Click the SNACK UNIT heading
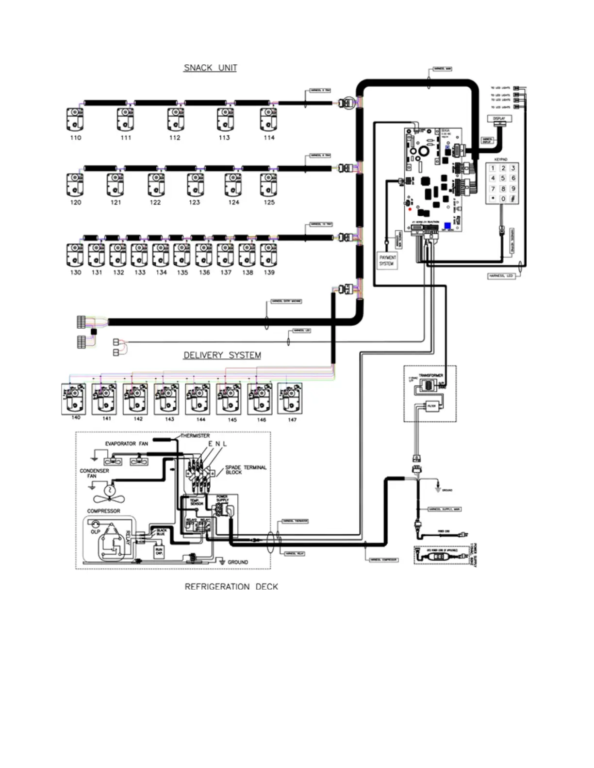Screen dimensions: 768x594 point(210,68)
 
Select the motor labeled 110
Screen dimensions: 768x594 point(75,119)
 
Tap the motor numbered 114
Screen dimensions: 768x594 point(268,119)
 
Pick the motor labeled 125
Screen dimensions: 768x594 point(268,185)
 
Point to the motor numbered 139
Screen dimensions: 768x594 point(268,255)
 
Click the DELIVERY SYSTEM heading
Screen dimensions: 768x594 point(222,355)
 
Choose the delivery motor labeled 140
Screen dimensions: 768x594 point(74,399)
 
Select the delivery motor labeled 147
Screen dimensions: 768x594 point(290,399)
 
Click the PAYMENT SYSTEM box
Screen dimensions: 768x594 point(387,260)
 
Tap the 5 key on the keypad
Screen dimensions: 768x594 point(503,178)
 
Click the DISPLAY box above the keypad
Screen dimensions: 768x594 point(499,119)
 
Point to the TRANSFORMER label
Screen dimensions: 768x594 point(431,375)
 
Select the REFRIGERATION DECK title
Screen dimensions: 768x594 point(231,587)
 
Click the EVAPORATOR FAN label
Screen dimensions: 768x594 point(126,444)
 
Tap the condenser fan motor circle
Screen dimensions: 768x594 point(110,490)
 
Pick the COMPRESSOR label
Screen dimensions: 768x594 point(103,511)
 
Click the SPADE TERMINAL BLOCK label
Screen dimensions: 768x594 point(245,469)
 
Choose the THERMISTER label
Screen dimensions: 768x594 point(195,436)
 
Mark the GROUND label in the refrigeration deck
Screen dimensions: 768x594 point(237,562)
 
